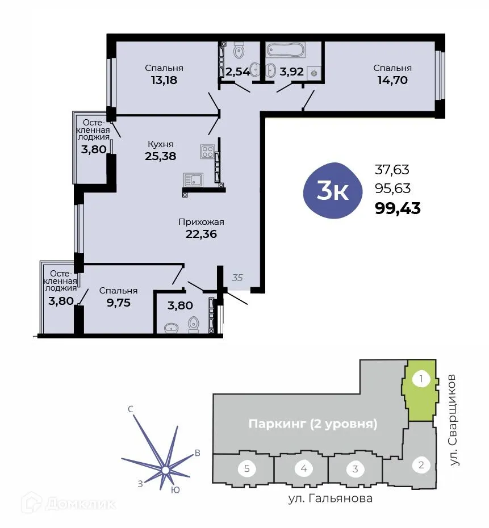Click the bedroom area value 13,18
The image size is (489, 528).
[x=164, y=80]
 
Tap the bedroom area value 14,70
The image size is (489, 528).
[x=392, y=80]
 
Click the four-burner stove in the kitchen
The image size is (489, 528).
[x=207, y=152]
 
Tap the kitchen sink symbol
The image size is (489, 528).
[x=194, y=180]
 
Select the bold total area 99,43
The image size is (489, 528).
[x=398, y=208]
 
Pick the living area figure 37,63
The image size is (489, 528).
[x=392, y=169]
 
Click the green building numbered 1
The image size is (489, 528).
[x=420, y=392]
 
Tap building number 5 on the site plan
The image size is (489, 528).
[x=246, y=469]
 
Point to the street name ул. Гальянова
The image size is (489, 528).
[x=329, y=499]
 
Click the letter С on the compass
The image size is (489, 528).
[x=131, y=409]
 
